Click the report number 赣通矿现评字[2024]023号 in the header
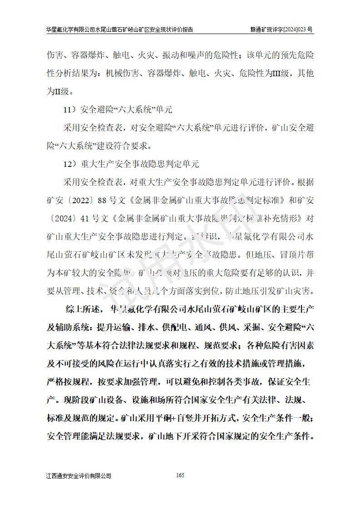click(281, 29)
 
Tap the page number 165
click(180, 475)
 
